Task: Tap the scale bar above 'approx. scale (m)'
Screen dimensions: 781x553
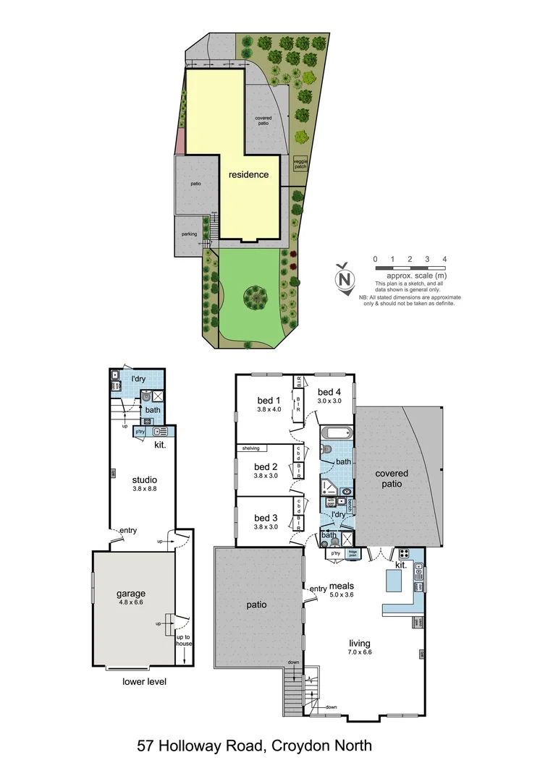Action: tap(410, 268)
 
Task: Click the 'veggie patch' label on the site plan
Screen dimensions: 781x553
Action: tap(300, 164)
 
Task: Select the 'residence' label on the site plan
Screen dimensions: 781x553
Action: tap(248, 174)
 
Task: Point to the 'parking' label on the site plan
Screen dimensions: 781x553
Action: tap(189, 234)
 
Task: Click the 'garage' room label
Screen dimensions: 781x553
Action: tap(131, 594)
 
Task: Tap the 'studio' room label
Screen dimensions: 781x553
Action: tap(144, 479)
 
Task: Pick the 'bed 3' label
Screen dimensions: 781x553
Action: tap(266, 518)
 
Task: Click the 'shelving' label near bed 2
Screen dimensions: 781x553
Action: tap(251, 448)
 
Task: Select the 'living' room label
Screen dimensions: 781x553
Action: tap(360, 643)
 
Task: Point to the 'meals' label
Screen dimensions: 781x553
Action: tap(341, 586)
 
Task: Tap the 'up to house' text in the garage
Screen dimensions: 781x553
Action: tap(182, 639)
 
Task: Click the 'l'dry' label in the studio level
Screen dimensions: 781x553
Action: tap(139, 378)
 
